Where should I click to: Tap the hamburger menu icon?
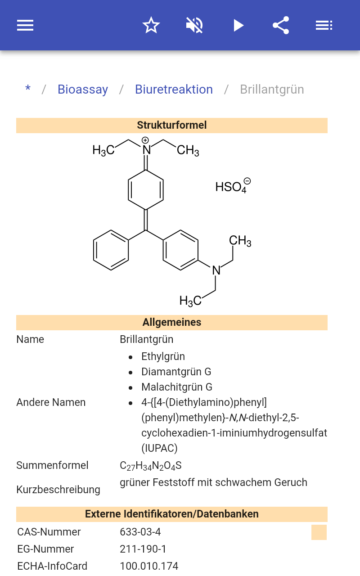coord(25,25)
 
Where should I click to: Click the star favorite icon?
coord(151,25)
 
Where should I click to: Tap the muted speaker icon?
coord(194,25)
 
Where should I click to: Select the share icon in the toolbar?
coord(281,25)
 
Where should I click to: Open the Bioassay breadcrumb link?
coord(83,90)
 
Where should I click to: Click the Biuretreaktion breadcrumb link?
coord(174,90)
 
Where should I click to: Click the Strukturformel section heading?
coord(171,125)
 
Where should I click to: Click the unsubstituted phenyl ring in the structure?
coord(111,251)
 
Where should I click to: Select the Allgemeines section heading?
coord(171,322)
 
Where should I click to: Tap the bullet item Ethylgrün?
coord(163,356)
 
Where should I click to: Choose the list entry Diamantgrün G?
coord(176,372)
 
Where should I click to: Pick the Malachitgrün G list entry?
coord(176,387)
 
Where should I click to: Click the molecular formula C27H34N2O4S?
coord(150,465)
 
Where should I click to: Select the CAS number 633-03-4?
coord(140,532)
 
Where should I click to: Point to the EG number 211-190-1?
coord(143,549)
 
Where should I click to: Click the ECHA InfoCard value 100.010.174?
coord(149,566)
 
